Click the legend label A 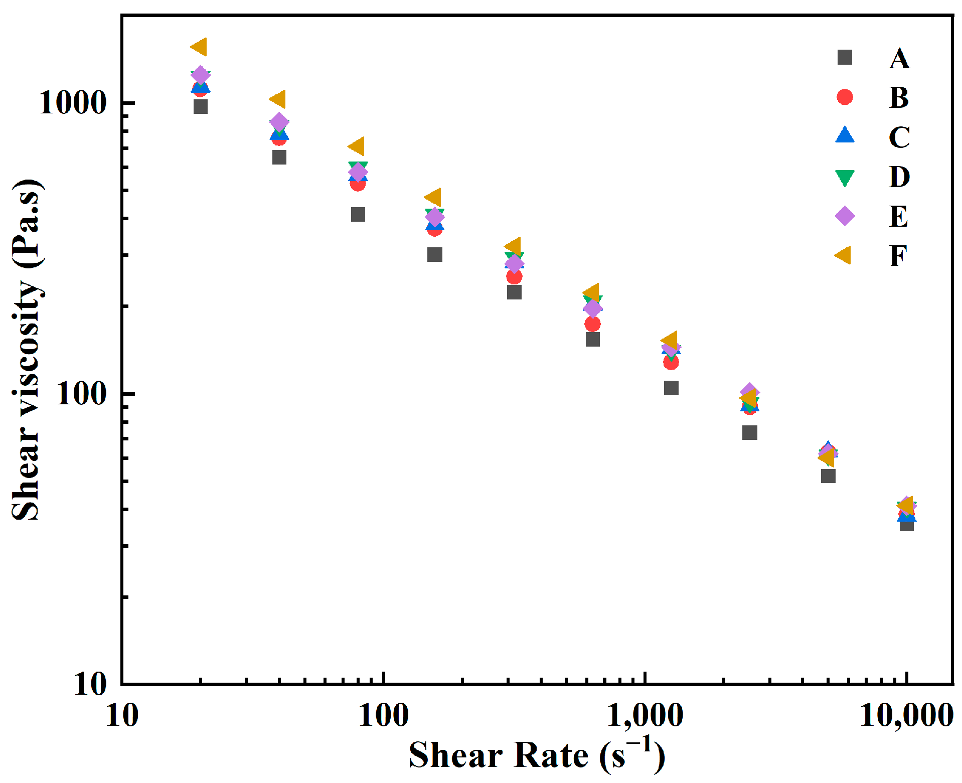(899, 59)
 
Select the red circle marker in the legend (845, 97)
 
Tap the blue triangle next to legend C (845, 135)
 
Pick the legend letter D (899, 177)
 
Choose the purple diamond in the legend (845, 216)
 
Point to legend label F (898, 256)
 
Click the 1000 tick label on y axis (73, 103)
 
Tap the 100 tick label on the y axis (82, 394)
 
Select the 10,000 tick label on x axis (906, 715)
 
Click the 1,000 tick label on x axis (645, 715)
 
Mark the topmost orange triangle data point (199, 47)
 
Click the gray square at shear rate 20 (201, 106)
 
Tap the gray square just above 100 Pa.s (671, 388)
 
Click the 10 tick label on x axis (122, 715)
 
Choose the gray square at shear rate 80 (358, 215)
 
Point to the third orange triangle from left (357, 146)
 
